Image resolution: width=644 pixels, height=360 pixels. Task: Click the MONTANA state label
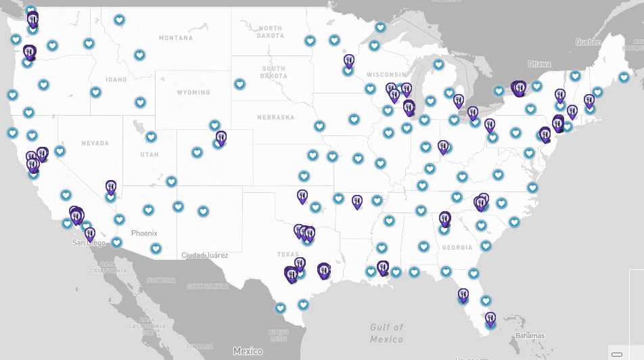(x=175, y=38)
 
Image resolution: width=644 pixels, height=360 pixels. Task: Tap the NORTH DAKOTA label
(x=271, y=32)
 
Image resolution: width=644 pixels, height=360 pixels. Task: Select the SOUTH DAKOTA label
(x=273, y=72)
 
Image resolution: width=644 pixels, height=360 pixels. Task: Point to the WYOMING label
(x=193, y=92)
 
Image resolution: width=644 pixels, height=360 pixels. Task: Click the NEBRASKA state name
(x=275, y=117)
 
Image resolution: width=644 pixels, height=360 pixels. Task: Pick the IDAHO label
(x=116, y=79)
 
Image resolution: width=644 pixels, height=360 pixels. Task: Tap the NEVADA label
(x=95, y=143)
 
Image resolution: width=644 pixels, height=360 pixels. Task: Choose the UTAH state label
(x=149, y=154)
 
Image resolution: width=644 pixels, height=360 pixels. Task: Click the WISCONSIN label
(x=386, y=74)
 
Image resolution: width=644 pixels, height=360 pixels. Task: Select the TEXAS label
(x=287, y=254)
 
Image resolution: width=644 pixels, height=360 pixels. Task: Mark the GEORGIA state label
(x=457, y=248)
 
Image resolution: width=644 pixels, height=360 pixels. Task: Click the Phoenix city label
(x=144, y=233)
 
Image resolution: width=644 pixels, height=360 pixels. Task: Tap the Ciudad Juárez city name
(x=205, y=255)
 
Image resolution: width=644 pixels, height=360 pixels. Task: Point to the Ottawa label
(x=539, y=64)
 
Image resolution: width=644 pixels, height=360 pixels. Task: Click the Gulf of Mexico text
(x=387, y=333)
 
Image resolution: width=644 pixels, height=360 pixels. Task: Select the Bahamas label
(x=530, y=336)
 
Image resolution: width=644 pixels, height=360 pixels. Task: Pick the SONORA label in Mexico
(x=162, y=279)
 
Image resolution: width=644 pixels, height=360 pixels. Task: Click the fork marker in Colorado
(x=221, y=138)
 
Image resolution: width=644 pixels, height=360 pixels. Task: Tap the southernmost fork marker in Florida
(x=490, y=317)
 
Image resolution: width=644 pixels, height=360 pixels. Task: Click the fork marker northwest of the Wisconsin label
(x=349, y=62)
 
